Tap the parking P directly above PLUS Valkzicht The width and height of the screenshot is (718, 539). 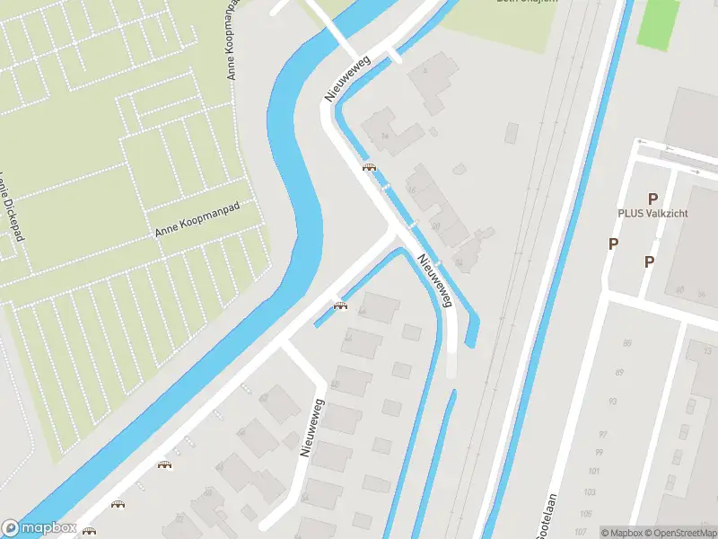coord(653,199)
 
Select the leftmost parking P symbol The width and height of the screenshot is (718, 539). coord(614,243)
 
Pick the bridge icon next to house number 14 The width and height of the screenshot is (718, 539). coord(368,167)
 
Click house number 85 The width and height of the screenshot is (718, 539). coord(626,343)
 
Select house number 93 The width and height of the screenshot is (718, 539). coord(613,402)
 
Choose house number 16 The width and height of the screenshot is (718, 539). coord(412,190)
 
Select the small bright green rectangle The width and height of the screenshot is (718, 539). coord(659,22)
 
